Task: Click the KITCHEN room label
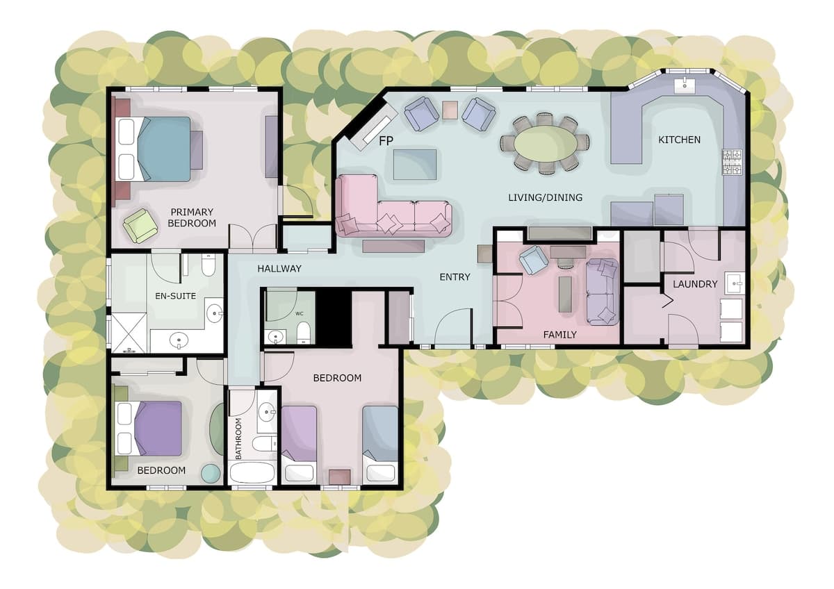tap(679, 140)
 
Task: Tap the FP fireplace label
tap(386, 141)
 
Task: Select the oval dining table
tap(546, 143)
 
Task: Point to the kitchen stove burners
tap(733, 162)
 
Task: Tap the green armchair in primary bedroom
tap(140, 226)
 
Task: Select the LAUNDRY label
tap(695, 284)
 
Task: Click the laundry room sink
tap(735, 283)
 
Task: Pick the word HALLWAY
tap(279, 269)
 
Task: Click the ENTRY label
tap(455, 277)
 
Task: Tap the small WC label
tap(300, 314)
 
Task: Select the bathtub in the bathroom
tap(252, 472)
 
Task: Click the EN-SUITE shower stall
tap(129, 333)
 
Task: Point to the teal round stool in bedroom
tap(211, 473)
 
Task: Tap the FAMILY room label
tap(559, 335)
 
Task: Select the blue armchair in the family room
tap(534, 260)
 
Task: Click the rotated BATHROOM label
tap(238, 438)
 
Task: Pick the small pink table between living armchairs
tap(450, 110)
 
